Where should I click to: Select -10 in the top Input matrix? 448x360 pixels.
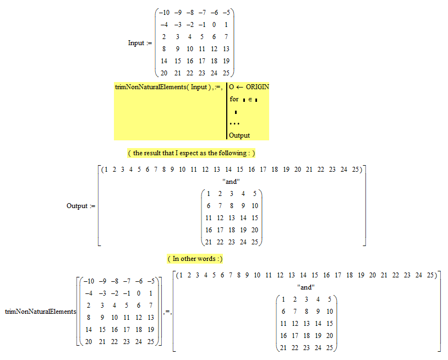click(x=163, y=13)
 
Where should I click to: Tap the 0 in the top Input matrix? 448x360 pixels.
click(x=214, y=24)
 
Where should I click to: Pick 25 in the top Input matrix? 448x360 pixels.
click(x=226, y=73)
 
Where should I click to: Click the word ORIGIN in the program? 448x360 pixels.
click(x=257, y=87)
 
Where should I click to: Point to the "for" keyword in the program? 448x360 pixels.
click(x=234, y=99)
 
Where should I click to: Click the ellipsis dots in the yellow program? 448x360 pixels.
click(x=234, y=123)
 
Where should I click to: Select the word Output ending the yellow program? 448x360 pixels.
click(x=239, y=135)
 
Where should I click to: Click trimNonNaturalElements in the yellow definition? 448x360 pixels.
click(x=147, y=87)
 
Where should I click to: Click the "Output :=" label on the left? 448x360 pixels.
click(x=77, y=206)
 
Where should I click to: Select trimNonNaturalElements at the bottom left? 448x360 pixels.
click(x=41, y=312)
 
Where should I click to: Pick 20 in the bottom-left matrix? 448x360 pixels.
click(x=86, y=341)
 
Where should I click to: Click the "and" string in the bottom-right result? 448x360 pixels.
click(x=306, y=287)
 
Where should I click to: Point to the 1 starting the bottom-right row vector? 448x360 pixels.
click(x=181, y=275)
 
